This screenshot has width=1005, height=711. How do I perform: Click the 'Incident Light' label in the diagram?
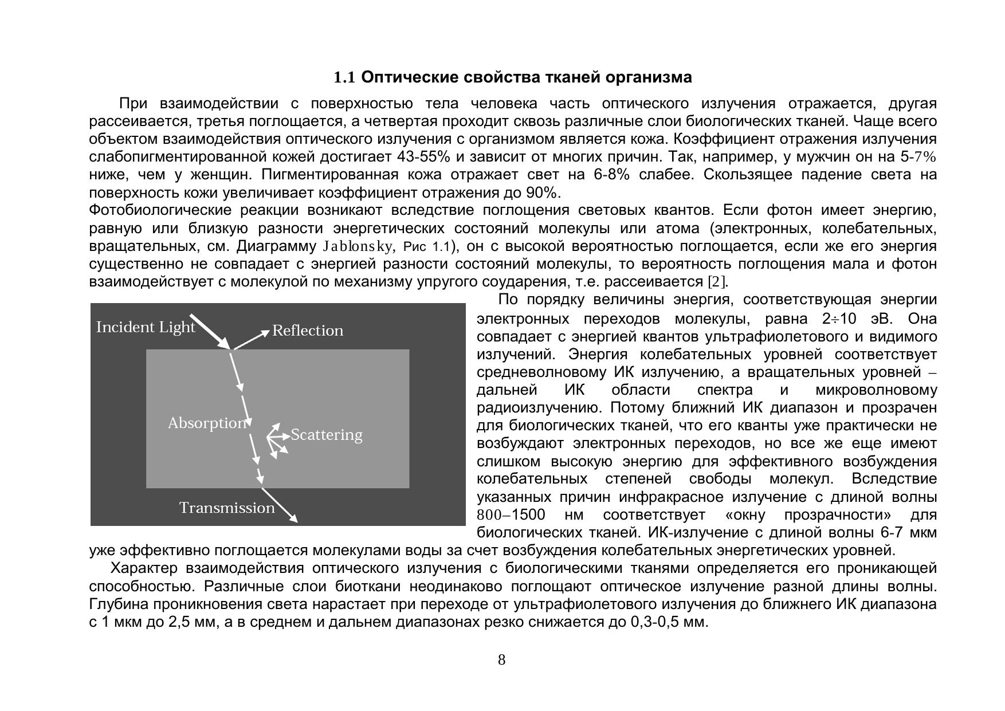(x=146, y=327)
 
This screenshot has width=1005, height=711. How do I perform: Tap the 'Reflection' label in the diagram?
(x=308, y=331)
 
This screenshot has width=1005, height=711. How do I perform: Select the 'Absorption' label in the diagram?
(x=207, y=423)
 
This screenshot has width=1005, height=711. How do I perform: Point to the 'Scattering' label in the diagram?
(x=327, y=435)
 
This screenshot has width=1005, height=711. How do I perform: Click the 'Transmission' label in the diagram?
(x=227, y=508)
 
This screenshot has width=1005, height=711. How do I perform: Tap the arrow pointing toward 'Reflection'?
(x=251, y=339)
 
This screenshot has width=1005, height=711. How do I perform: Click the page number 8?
(x=502, y=660)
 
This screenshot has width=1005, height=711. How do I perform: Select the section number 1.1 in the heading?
(x=345, y=77)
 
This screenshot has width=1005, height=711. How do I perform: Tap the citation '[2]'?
(x=716, y=282)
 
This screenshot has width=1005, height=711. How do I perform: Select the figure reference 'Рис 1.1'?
(x=427, y=247)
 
